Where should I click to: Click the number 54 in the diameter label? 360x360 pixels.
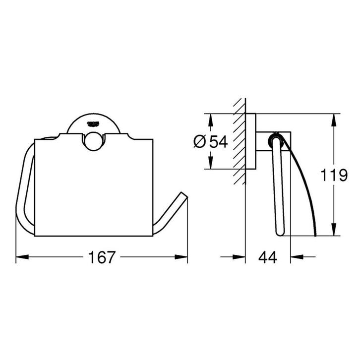click(217, 142)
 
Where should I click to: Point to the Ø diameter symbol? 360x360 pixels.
click(199, 142)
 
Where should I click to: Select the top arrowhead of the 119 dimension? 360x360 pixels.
click(334, 119)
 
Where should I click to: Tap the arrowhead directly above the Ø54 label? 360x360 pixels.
click(211, 120)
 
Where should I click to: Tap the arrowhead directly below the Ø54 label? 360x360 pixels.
click(211, 163)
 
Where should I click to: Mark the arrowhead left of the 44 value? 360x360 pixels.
click(240, 257)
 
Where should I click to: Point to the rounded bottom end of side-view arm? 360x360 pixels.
click(279, 233)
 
